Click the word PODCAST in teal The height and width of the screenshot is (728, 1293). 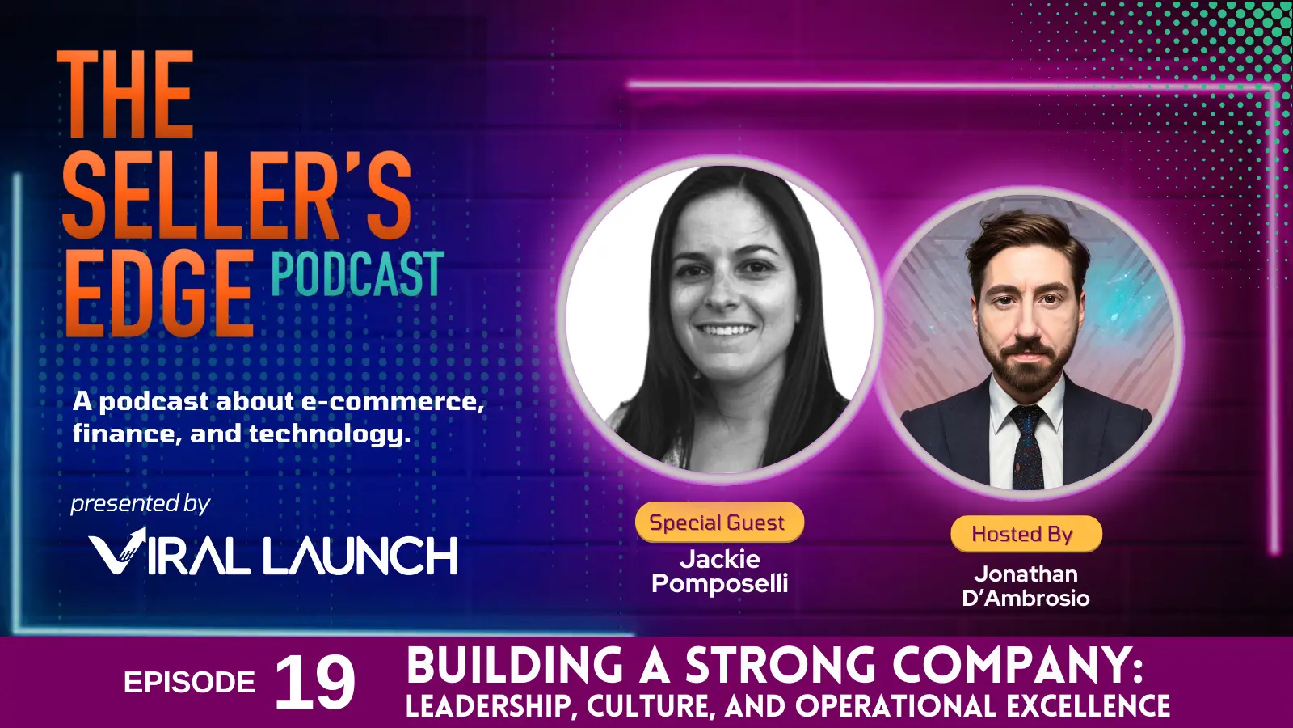[357, 274]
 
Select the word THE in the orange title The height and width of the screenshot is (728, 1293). [125, 95]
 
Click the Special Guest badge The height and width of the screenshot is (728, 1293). [718, 523]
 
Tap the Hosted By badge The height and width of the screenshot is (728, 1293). [1024, 535]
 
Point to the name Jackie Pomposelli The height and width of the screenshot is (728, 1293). [719, 571]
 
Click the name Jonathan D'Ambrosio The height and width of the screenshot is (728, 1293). [1026, 586]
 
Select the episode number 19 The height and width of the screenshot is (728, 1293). [314, 683]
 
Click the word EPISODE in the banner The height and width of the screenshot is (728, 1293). [189, 683]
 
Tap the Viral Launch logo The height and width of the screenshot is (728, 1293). [273, 554]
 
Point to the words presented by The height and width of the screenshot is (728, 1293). [140, 504]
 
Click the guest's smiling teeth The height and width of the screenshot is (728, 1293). [725, 330]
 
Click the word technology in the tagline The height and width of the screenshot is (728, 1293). [329, 434]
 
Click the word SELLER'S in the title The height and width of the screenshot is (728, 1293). [237, 196]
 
